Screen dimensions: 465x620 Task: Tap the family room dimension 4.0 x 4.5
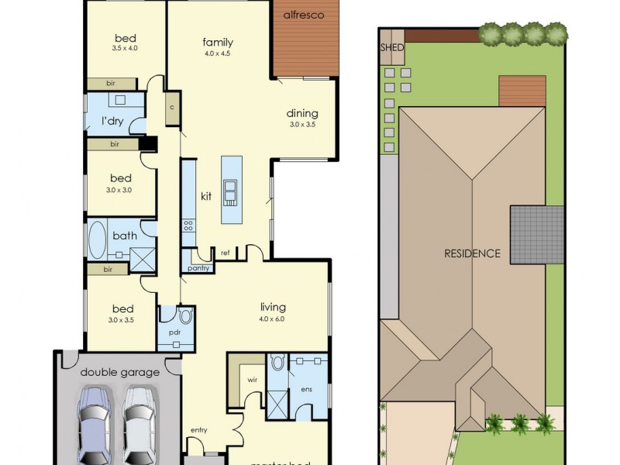click(x=218, y=53)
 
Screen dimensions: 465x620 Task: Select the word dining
click(x=302, y=113)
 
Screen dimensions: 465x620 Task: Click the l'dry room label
click(x=113, y=121)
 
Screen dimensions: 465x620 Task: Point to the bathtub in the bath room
click(x=98, y=239)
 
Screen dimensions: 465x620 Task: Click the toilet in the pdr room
click(x=185, y=316)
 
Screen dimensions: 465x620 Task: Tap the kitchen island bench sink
click(x=231, y=189)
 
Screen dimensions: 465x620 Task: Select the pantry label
click(x=197, y=268)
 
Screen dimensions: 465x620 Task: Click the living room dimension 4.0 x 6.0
click(x=273, y=318)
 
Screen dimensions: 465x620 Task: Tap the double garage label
click(x=119, y=372)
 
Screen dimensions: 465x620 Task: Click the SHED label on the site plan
click(x=391, y=47)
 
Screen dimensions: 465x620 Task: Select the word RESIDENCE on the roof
click(x=472, y=253)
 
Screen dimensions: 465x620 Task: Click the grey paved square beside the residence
click(x=536, y=234)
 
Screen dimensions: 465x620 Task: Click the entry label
click(x=198, y=430)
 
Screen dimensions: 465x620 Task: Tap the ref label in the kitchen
click(x=225, y=253)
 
